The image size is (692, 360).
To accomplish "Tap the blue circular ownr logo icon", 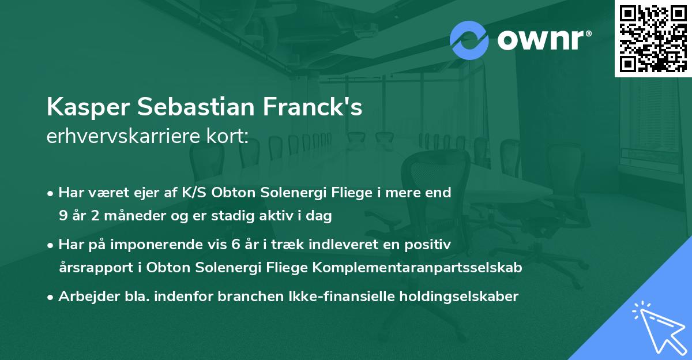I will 469,40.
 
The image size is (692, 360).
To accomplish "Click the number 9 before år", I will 62,216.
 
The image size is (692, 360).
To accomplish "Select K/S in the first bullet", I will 196,193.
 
